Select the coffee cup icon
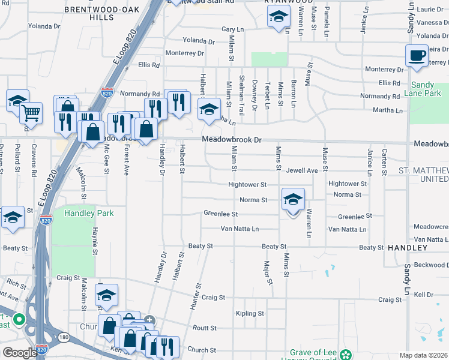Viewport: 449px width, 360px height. (417, 56)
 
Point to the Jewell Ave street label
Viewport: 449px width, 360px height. (301, 170)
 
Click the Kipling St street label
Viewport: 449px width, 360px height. (250, 313)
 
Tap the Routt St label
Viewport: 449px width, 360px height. (203, 328)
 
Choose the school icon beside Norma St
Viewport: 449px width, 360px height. (293, 199)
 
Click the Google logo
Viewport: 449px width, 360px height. (20, 353)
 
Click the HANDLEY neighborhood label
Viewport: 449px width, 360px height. (407, 247)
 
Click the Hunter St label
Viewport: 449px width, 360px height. (194, 297)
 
